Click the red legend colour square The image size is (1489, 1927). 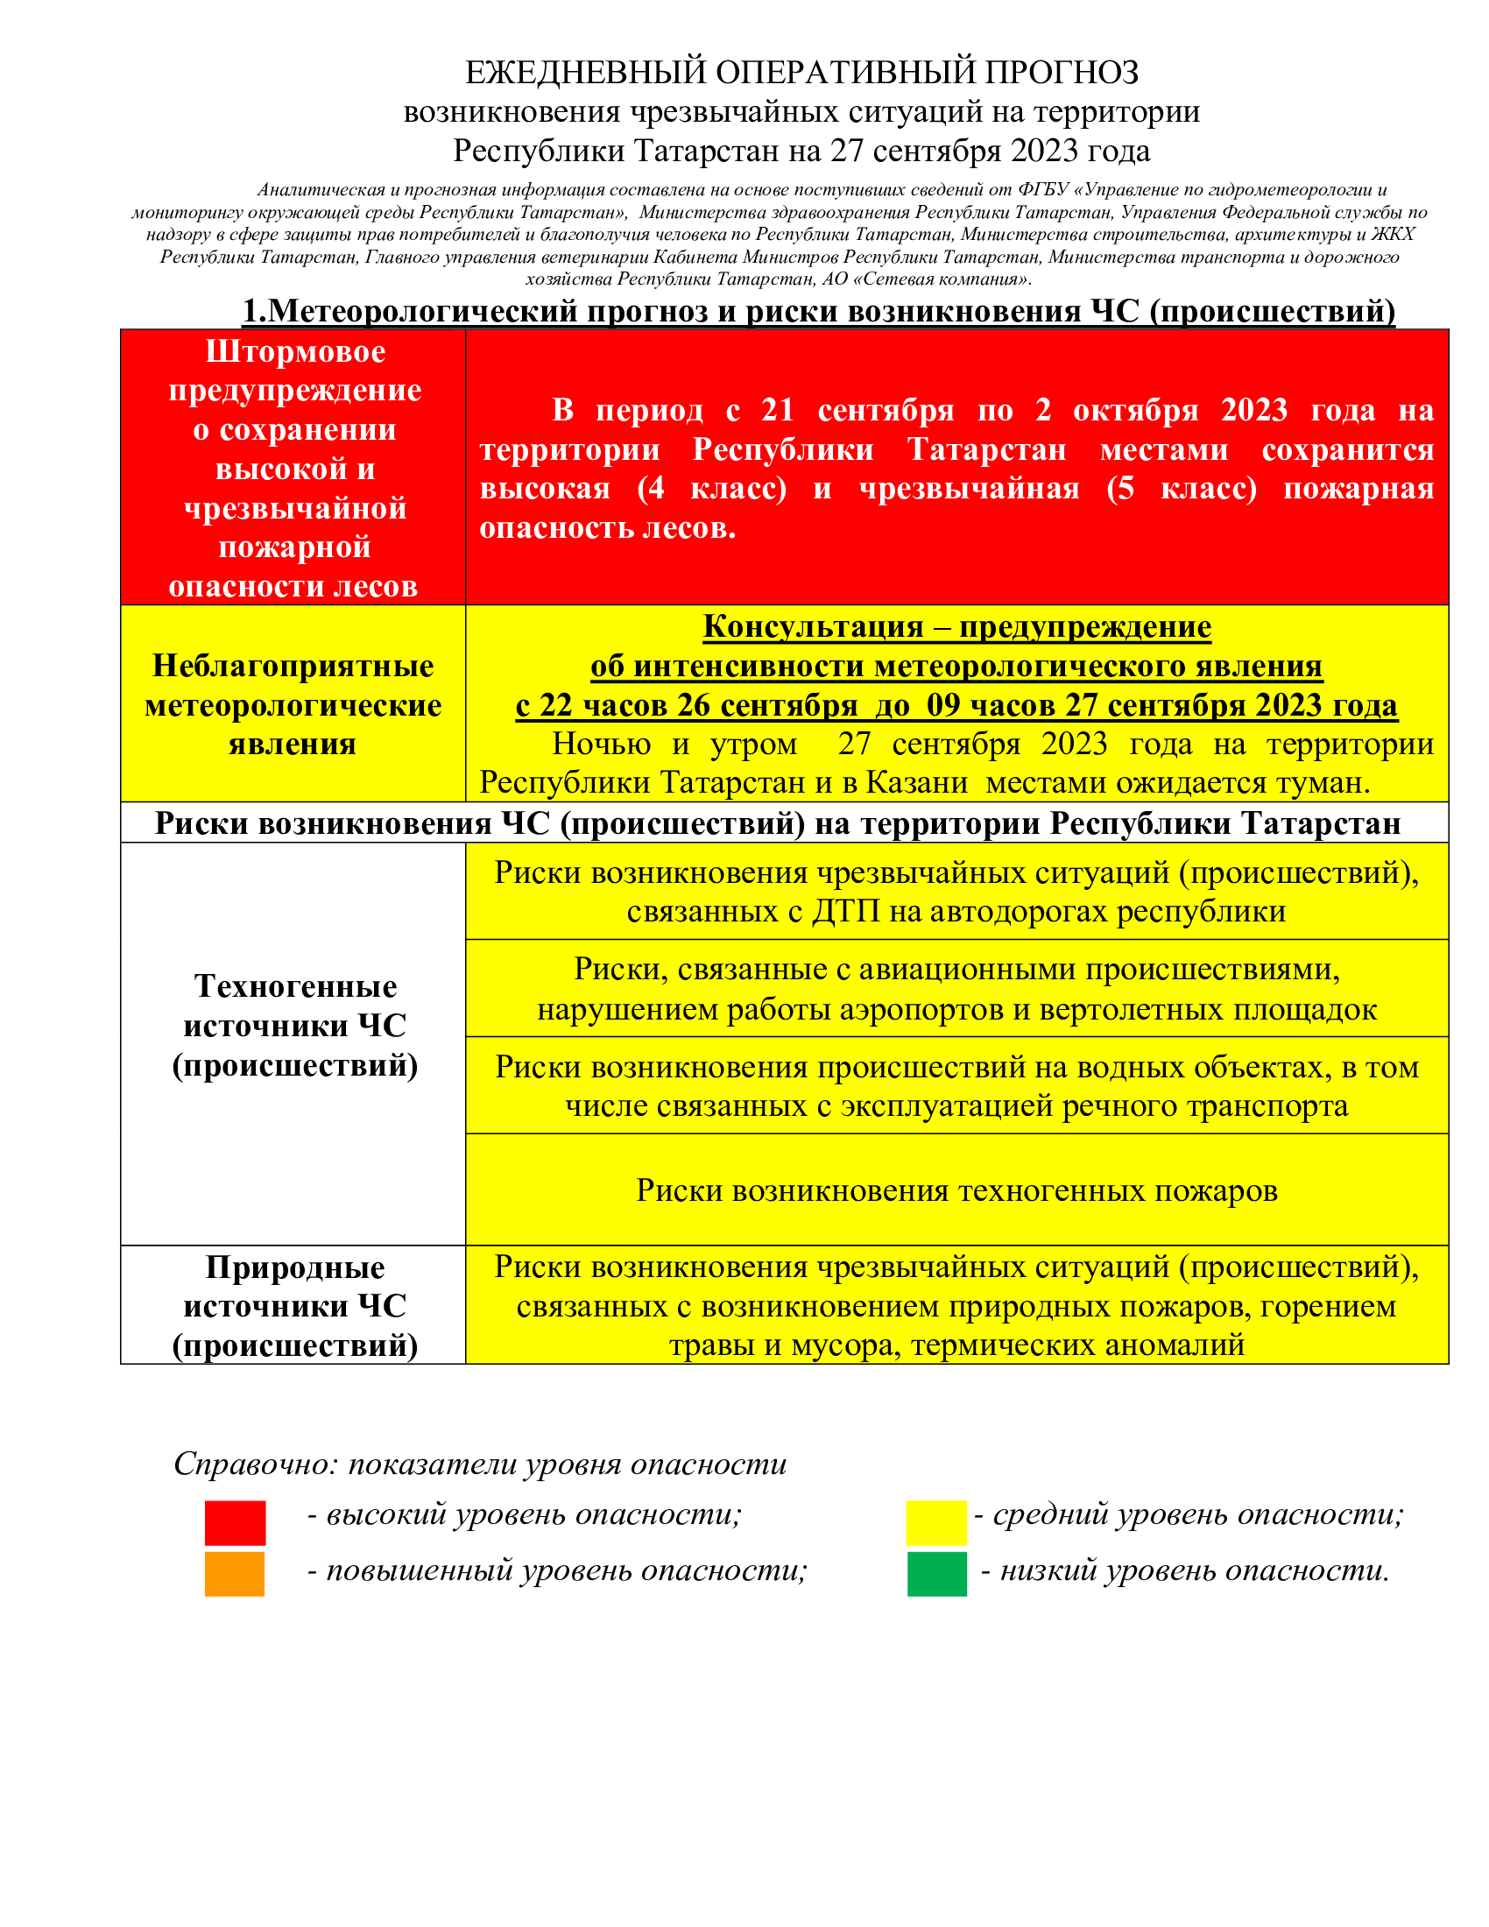pos(235,1522)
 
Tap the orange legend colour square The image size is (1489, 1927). pos(235,1574)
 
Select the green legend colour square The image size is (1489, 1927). pos(937,1574)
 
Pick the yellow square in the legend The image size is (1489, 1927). pos(936,1522)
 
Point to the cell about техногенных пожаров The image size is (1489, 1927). pos(956,1190)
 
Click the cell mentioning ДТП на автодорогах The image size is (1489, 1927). pos(956,891)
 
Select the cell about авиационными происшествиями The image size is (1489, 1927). pos(956,988)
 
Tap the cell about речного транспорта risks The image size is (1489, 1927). pos(956,1085)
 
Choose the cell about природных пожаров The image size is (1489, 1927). pos(956,1305)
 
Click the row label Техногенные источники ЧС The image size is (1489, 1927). pos(294,1026)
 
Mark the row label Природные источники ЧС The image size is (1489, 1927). pos(294,1306)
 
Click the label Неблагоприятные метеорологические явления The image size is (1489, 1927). pos(293,704)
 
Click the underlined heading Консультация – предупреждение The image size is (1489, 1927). pos(956,626)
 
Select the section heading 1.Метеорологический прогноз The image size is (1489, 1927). pos(819,311)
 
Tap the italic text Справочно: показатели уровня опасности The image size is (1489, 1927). pos(480,1464)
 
